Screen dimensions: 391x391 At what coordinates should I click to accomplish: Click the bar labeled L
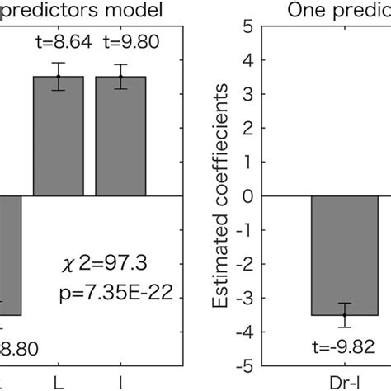click(x=59, y=136)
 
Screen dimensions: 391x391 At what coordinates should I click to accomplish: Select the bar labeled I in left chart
click(x=120, y=136)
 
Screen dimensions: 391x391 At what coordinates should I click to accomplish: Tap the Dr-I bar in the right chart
click(x=345, y=256)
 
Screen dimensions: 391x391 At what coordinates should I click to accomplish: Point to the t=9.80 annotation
click(x=120, y=42)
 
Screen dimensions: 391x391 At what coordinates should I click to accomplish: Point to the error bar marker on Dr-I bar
click(x=345, y=315)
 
